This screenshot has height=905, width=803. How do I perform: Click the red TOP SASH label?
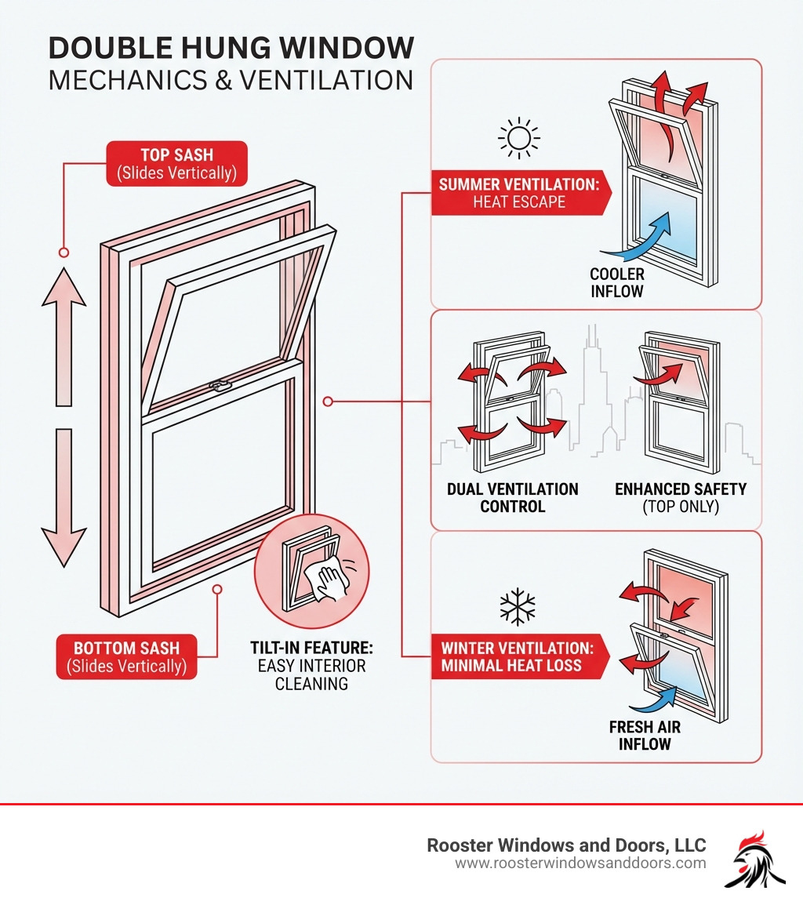176,163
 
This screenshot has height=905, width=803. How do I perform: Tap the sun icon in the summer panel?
519,139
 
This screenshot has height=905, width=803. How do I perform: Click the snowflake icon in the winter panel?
518,607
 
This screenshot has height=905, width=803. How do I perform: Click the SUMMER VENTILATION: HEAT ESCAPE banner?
518,193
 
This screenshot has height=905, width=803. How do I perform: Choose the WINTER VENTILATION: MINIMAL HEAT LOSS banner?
518,657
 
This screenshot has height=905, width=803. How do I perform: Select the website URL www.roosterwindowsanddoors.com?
580,863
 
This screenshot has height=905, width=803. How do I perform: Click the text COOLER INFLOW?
618,283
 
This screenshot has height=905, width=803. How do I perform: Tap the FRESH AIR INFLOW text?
645,736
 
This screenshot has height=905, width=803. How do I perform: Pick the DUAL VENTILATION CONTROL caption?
512,498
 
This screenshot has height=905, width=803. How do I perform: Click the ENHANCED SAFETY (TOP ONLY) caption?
680,498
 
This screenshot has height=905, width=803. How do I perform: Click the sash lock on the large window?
219,385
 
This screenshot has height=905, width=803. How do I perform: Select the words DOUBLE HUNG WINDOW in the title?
231,49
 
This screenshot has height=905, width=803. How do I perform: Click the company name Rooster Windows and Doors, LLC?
565,845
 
